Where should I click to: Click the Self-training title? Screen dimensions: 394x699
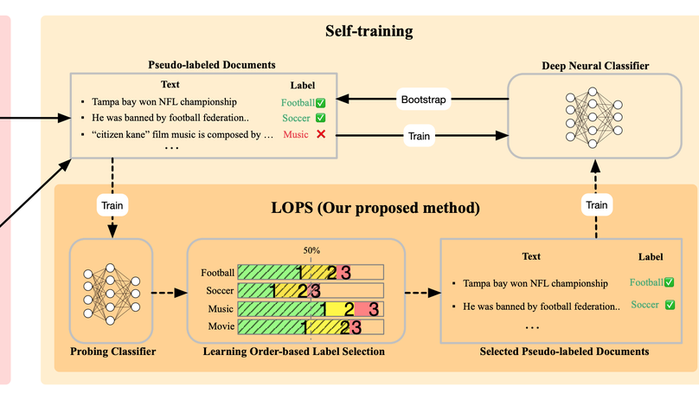369,32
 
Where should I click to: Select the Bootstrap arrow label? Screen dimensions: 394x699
423,100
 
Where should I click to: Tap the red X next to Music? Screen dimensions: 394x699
321,134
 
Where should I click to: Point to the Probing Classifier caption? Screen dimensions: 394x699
112,351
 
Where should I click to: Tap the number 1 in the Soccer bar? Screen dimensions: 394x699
275,291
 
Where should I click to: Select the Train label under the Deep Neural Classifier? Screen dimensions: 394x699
597,205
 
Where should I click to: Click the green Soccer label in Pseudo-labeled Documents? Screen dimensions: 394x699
296,118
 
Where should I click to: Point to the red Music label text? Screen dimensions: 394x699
295,134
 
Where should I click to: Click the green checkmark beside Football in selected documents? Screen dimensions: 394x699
669,282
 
